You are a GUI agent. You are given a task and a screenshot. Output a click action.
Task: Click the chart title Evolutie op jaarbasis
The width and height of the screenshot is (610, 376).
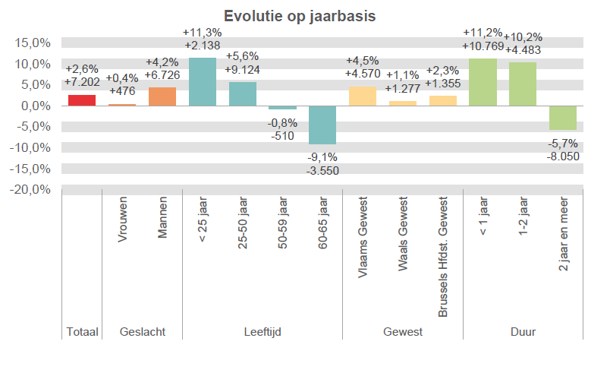305,17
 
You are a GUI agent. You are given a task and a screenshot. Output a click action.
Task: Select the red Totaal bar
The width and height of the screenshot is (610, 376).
82,100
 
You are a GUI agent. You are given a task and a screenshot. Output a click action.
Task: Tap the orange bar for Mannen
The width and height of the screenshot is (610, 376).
162,96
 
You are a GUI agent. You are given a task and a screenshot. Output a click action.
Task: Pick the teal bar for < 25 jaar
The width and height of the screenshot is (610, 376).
203,82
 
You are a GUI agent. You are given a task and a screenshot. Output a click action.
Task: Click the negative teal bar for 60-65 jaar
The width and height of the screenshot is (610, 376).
323,125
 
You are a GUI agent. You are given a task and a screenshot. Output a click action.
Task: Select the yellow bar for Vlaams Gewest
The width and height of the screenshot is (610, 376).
363,96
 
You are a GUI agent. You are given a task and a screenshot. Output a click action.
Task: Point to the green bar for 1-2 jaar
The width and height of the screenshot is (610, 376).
523,84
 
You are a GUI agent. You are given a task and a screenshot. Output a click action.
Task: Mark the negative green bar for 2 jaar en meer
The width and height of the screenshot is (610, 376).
563,118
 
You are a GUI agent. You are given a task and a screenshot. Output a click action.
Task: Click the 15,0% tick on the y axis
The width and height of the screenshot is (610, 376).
33,43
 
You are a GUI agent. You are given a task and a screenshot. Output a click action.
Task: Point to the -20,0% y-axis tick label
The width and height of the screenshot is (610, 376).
31,189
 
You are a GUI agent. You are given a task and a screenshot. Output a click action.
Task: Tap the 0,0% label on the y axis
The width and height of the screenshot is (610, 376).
36,106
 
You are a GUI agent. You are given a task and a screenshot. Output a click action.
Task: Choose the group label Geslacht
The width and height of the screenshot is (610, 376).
143,332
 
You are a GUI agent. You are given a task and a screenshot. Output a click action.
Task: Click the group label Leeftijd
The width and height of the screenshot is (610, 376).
263,332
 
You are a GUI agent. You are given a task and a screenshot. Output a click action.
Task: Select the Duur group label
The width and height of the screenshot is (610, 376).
523,332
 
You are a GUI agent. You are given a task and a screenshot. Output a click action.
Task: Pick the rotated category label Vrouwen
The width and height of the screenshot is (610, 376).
123,221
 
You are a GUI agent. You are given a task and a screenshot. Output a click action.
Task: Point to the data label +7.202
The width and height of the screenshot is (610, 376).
82,81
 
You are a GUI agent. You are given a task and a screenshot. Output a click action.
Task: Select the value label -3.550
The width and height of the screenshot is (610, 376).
323,170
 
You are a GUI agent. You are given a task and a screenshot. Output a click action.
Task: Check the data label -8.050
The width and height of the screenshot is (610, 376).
563,156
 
